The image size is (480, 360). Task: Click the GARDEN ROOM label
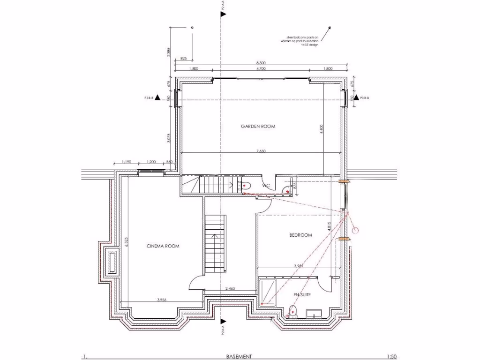[258, 126]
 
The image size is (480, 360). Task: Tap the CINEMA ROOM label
[163, 246]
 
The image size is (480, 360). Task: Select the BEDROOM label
[300, 235]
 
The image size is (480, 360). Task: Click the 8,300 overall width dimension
[261, 63]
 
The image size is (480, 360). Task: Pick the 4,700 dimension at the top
[261, 68]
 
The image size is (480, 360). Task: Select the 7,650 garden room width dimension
[261, 151]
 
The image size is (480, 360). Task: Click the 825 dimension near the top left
[183, 59]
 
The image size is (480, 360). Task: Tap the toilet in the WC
[245, 186]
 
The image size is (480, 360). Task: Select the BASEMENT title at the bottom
[239, 356]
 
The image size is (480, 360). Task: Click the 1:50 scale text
[392, 356]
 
